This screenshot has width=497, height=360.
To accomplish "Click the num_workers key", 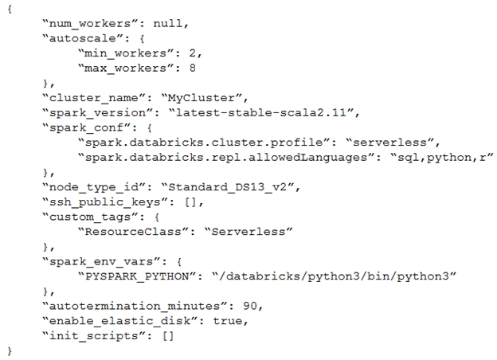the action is (x=86, y=23).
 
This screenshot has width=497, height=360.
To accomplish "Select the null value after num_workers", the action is (x=168, y=23).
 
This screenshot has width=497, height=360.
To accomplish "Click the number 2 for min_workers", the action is (x=193, y=53).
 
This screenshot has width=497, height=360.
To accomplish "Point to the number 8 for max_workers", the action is (x=193, y=68).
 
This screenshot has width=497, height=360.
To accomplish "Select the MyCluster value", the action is (x=202, y=98).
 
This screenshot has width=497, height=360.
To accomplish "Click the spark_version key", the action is (x=94, y=112).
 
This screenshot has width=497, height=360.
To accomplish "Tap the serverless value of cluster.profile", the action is (x=389, y=143).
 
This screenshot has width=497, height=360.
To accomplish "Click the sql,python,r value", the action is (x=441, y=157).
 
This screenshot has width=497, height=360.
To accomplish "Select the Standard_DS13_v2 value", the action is (x=227, y=186).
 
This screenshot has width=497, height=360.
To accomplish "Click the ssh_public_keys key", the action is (x=104, y=202).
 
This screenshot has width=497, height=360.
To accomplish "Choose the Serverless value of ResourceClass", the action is (x=248, y=231).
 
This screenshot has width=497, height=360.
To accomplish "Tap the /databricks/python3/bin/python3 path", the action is (x=334, y=276).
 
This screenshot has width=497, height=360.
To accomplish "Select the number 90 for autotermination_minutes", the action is (x=250, y=306).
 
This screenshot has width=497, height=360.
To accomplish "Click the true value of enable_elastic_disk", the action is (x=227, y=321).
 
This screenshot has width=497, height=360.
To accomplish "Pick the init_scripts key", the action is (x=94, y=336).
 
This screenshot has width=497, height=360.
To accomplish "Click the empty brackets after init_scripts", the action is (x=168, y=336).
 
